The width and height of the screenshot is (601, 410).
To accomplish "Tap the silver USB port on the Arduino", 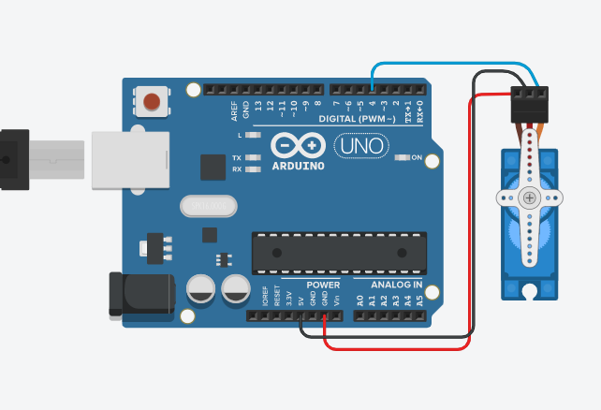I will pyautogui.click(x=130, y=160).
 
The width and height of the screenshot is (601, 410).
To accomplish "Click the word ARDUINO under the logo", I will pyautogui.click(x=298, y=167).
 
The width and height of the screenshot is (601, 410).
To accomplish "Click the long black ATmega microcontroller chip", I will pyautogui.click(x=338, y=253).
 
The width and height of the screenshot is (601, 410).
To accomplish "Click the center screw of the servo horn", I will pyautogui.click(x=530, y=198).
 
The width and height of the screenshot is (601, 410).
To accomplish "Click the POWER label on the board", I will pyautogui.click(x=324, y=284).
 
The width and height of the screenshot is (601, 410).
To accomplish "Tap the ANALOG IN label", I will pyautogui.click(x=396, y=284).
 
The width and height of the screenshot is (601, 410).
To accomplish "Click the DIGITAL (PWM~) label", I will pyautogui.click(x=357, y=120).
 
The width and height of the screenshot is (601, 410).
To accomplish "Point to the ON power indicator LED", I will pyautogui.click(x=403, y=157).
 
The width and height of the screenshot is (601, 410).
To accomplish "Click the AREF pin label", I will pyautogui.click(x=234, y=110).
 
